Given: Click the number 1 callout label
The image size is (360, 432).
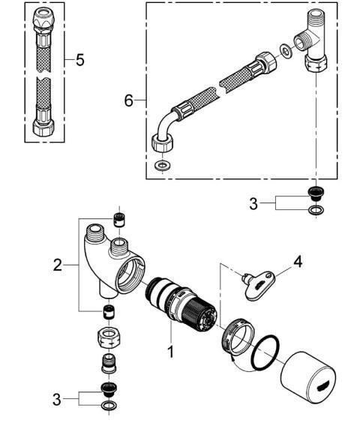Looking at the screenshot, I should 171,349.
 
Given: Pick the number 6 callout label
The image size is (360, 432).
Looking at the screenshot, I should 129,100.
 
